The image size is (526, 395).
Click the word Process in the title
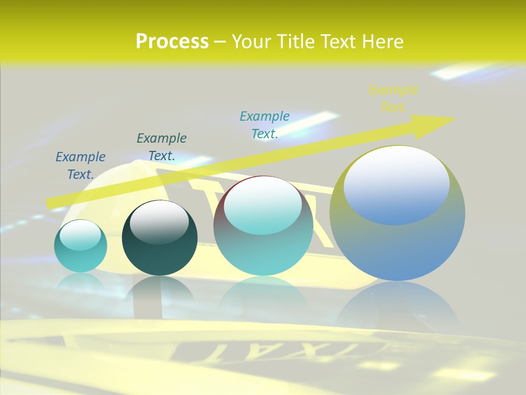[172, 41]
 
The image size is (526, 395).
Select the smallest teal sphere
[81, 246]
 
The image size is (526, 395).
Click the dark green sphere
[159, 239]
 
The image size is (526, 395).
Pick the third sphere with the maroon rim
[263, 226]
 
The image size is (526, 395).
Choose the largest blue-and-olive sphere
[397, 213]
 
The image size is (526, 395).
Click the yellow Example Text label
[393, 98]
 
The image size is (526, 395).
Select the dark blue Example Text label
[81, 165]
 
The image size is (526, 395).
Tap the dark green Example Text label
[161, 146]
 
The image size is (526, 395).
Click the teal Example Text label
[264, 125]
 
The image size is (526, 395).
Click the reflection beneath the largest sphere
[398, 307]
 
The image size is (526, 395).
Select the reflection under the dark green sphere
[159, 291]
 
